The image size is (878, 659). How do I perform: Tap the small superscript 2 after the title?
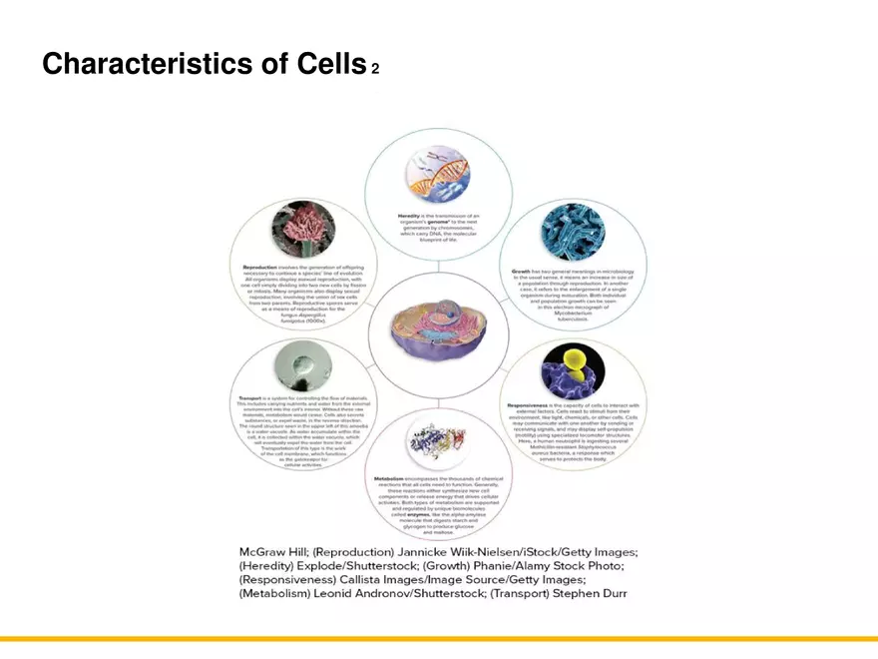pos(375,70)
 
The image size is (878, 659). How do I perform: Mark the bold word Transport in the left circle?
pos(250,398)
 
